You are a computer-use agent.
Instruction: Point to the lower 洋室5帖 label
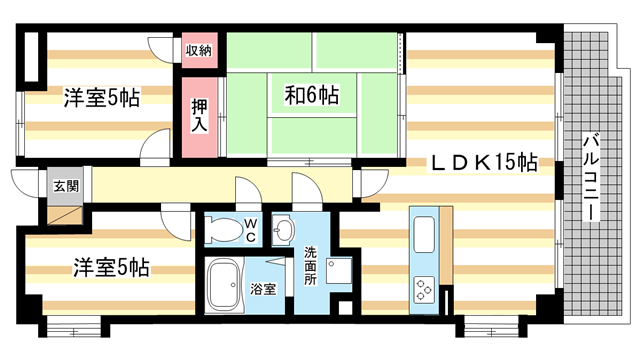(111, 268)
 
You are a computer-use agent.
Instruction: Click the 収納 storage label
(198, 49)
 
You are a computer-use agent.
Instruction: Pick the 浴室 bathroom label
(264, 288)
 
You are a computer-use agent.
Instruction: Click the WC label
(250, 229)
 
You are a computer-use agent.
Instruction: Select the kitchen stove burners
(423, 288)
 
